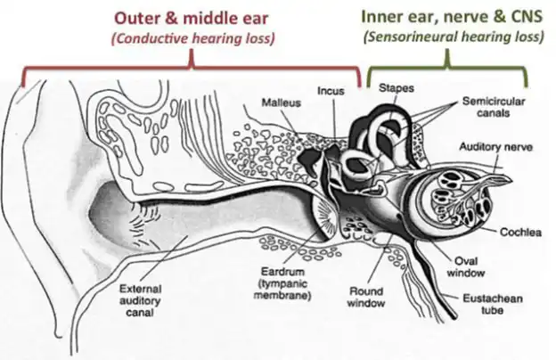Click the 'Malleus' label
click(x=281, y=102)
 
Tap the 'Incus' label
click(x=330, y=90)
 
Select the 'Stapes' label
click(x=395, y=88)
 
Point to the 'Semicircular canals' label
click(x=495, y=108)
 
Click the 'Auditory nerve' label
click(x=492, y=145)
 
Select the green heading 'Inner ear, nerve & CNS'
click(x=453, y=17)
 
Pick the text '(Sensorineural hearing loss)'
click(x=453, y=38)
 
